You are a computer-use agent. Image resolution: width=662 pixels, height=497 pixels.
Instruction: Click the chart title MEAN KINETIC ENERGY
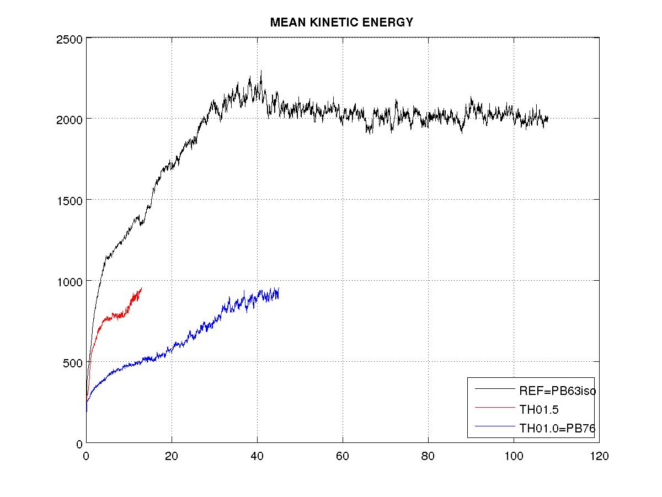pos(341,23)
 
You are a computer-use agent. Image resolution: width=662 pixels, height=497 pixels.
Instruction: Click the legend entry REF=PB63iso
pos(558,391)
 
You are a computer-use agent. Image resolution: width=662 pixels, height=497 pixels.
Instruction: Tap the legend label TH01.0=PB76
pos(558,427)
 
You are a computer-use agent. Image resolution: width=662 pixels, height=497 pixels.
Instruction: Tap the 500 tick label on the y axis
pos(74,362)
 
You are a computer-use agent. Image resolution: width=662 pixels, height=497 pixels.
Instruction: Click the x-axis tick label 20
pos(172,457)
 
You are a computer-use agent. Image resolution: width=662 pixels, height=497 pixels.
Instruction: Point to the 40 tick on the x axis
pos(257,457)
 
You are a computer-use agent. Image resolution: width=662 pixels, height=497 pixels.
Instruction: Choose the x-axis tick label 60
pos(343,457)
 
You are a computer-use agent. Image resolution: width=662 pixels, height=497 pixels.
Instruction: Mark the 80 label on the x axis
pos(428,457)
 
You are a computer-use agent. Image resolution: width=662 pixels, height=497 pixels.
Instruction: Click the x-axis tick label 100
pos(514,457)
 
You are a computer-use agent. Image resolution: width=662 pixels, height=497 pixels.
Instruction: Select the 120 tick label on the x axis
pos(599,457)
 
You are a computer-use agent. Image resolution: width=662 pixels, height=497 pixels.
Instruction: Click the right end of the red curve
pos(142,288)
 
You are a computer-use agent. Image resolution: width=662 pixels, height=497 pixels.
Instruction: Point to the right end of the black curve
pos(548,117)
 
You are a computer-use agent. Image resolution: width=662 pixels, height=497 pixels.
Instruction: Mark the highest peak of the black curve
pos(261,71)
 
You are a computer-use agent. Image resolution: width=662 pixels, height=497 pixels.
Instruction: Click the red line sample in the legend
pos(494,408)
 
